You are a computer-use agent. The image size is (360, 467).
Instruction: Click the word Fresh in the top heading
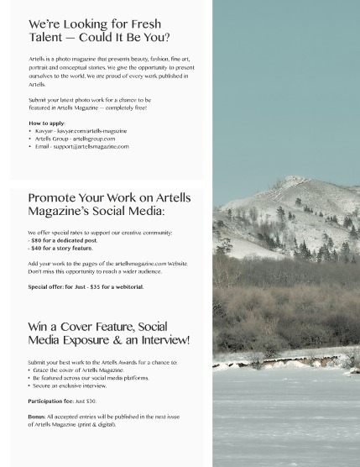(145, 24)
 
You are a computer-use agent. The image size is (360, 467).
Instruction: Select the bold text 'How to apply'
(47, 123)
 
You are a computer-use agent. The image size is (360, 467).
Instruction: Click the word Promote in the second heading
(53, 198)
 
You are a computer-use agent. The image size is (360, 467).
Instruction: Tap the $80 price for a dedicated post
(37, 240)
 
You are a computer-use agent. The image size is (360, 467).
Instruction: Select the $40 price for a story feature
(37, 248)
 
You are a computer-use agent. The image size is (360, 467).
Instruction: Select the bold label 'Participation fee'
(50, 401)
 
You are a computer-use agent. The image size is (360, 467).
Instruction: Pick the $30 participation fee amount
(91, 401)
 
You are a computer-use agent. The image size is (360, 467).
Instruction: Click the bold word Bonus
(36, 417)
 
